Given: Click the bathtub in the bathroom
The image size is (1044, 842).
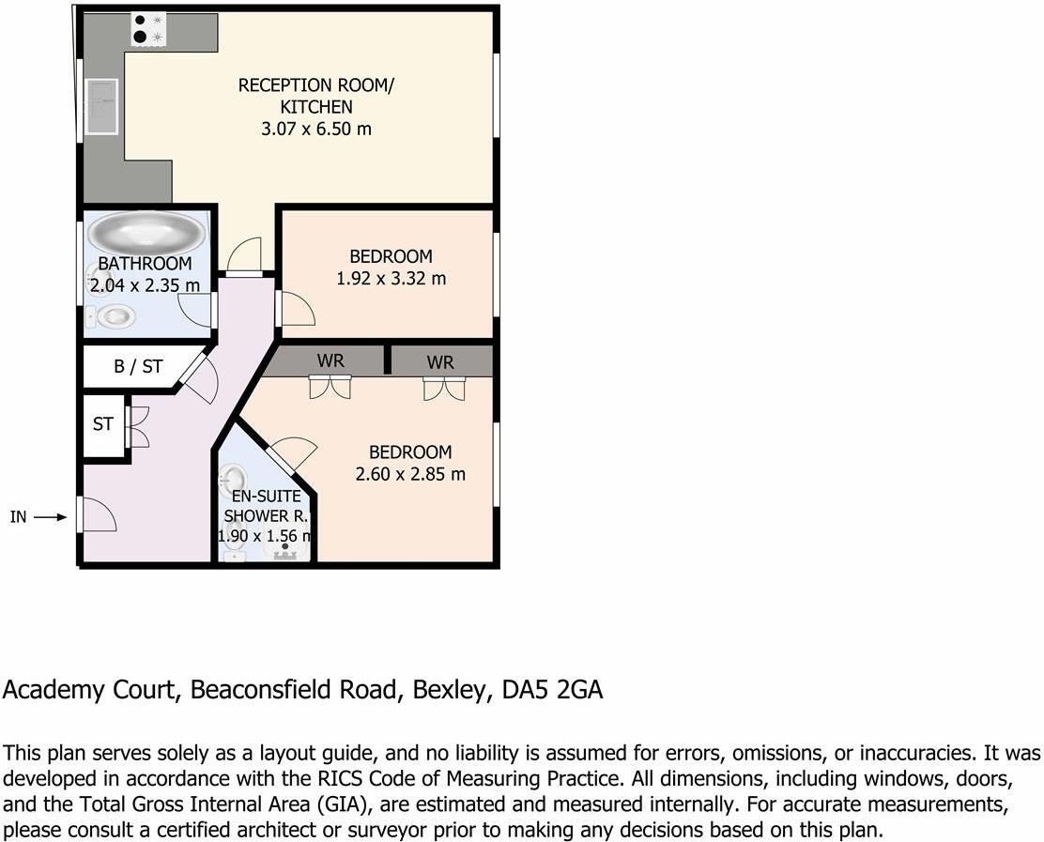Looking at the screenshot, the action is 146,232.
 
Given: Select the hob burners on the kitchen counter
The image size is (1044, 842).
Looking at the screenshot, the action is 146,28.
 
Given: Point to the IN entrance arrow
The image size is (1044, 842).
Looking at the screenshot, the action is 51,516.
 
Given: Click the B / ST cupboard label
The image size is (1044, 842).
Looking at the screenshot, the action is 137,367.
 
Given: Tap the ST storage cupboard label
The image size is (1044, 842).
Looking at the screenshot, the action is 102,424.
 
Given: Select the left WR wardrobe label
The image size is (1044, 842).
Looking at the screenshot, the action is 330,361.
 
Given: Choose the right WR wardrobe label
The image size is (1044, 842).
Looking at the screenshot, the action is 440,361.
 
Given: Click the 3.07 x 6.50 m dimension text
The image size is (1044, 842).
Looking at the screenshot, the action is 316,129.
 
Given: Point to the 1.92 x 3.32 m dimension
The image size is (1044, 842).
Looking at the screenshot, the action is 391,278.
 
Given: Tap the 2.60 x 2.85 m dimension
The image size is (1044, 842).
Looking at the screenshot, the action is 410,474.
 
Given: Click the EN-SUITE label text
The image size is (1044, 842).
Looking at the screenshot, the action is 266,498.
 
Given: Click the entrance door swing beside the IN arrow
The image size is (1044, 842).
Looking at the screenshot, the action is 98,515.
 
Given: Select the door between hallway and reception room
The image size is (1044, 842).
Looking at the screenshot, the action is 244,254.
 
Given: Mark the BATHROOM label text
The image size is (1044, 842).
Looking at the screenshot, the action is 145,264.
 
